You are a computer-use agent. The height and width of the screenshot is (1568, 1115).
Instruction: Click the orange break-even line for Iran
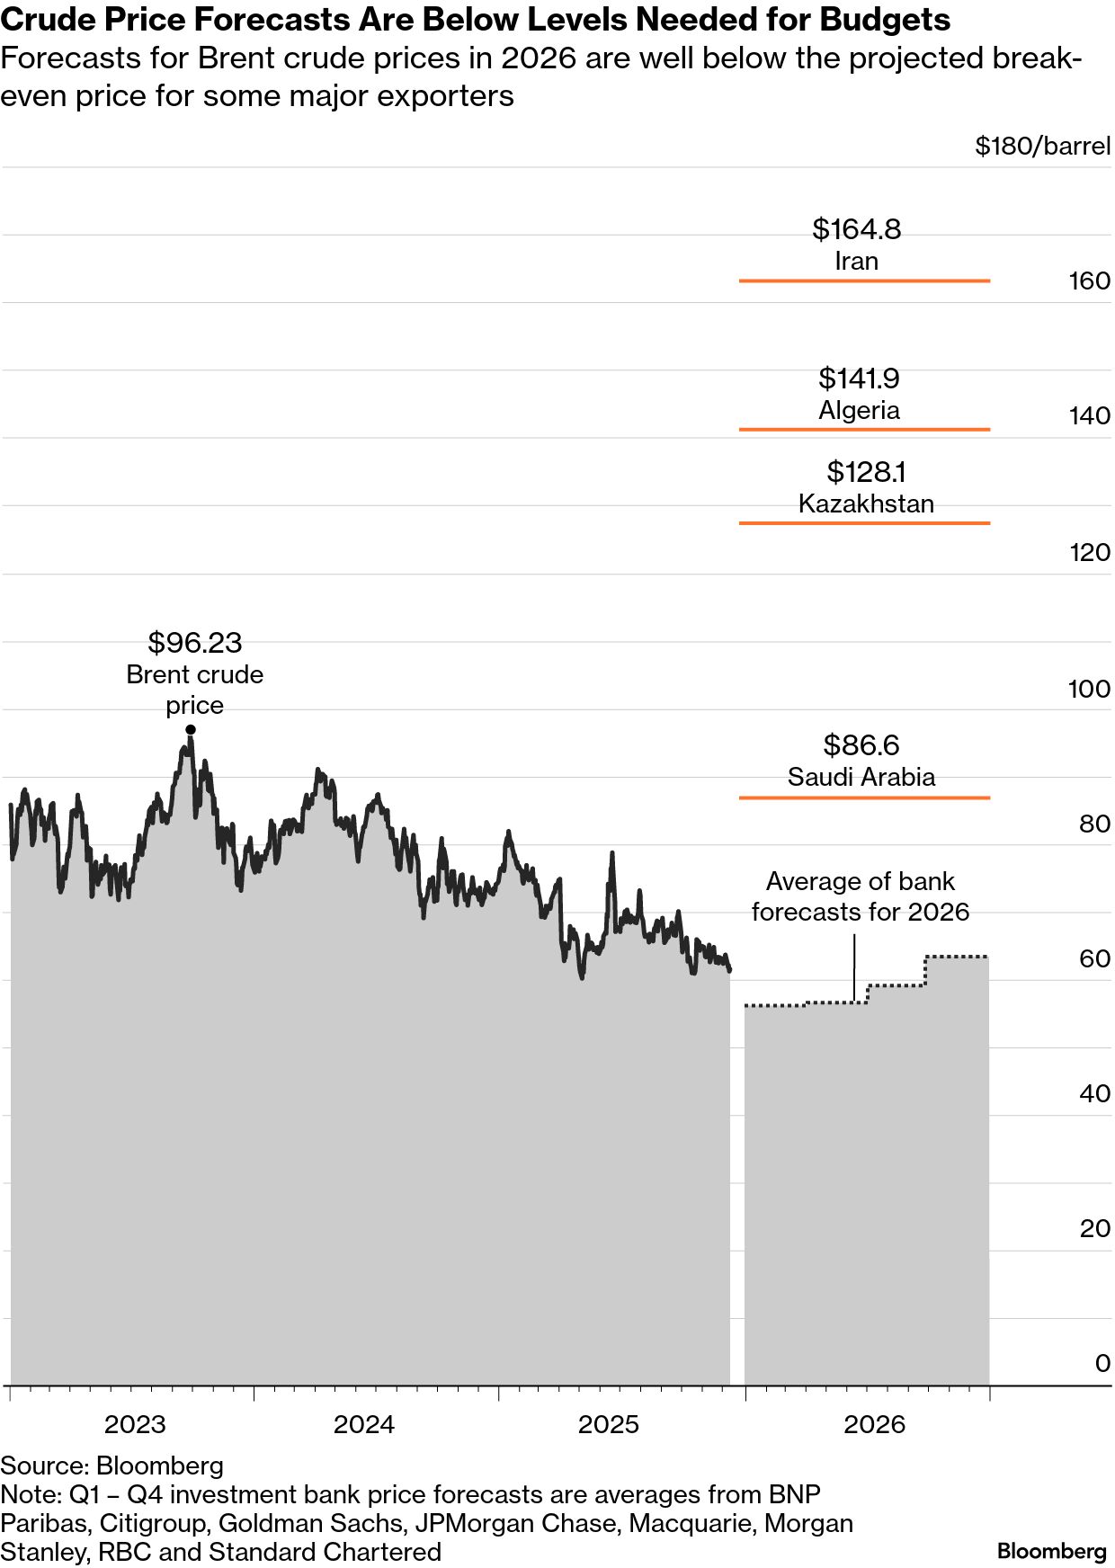[x=864, y=281]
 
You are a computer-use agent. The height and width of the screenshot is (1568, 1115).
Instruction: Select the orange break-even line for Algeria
[x=864, y=430]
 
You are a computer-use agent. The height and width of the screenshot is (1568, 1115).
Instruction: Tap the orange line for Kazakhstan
[x=864, y=523]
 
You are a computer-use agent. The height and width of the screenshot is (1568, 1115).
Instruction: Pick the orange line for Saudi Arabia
[x=864, y=797]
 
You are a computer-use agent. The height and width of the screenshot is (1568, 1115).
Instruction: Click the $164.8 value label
[x=856, y=229]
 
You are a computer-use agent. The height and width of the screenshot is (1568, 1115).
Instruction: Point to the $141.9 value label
[x=859, y=379]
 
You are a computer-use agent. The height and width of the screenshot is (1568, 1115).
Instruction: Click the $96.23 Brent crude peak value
[x=195, y=643]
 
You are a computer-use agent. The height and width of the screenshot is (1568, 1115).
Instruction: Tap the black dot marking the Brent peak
[x=191, y=730]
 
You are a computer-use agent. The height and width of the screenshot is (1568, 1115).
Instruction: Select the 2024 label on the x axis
[x=364, y=1425]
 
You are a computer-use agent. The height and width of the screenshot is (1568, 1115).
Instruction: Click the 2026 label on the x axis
[x=874, y=1425]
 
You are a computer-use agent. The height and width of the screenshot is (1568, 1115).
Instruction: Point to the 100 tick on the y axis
[x=1089, y=689]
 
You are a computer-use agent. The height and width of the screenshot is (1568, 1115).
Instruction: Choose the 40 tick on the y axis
[x=1094, y=1094]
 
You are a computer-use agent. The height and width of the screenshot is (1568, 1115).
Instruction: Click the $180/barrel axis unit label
[x=1042, y=146]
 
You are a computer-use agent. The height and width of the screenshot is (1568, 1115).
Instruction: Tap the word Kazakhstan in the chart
[x=866, y=503]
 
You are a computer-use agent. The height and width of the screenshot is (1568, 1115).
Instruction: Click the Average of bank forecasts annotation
[x=861, y=896]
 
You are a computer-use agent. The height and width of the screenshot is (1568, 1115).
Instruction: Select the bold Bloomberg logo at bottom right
[x=1051, y=1551]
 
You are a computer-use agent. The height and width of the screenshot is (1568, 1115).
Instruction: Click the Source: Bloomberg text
[x=111, y=1466]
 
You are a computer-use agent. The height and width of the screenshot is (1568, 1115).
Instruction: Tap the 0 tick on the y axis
[x=1102, y=1364]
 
